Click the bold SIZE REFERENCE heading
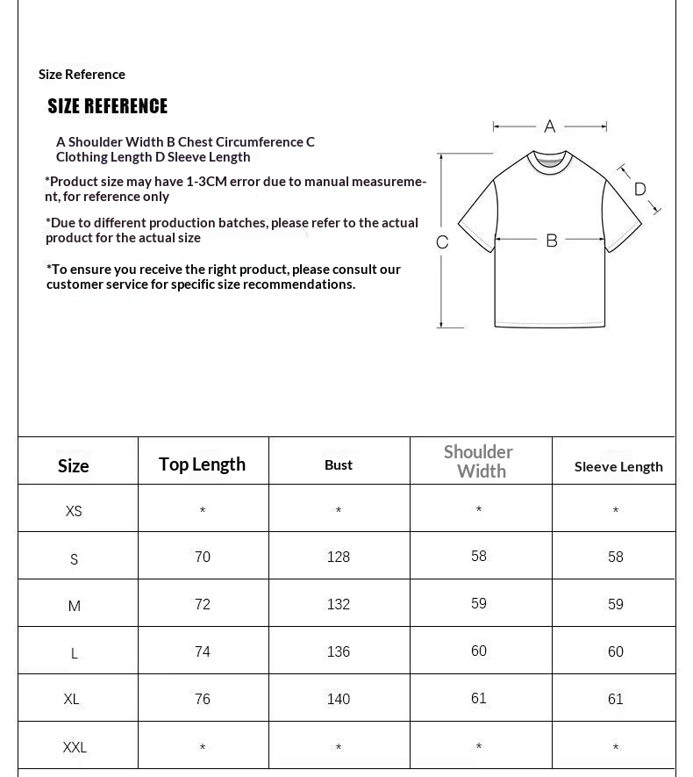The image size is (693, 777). click(x=107, y=106)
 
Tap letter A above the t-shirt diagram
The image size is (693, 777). click(x=550, y=126)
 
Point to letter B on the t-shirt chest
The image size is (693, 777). click(x=552, y=240)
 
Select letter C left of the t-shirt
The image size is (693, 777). click(x=442, y=242)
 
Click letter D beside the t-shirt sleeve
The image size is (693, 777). click(x=639, y=189)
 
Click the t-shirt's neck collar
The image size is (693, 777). click(x=550, y=161)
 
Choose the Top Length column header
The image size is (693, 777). click(x=202, y=464)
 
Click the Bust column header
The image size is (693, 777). click(x=339, y=464)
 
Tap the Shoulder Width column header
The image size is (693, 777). click(x=479, y=461)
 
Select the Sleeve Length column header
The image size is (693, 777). click(x=618, y=466)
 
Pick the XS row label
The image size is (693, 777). click(x=74, y=511)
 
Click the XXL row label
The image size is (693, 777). click(x=75, y=747)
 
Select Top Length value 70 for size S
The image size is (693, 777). click(x=203, y=557)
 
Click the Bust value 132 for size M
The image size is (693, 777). click(x=339, y=604)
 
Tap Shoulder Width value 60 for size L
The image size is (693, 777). click(x=479, y=651)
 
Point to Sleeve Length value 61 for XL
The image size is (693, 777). click(x=616, y=699)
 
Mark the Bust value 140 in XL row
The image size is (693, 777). click(x=339, y=699)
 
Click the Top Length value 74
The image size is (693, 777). click(x=203, y=651)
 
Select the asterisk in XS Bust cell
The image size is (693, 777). click(x=339, y=511)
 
